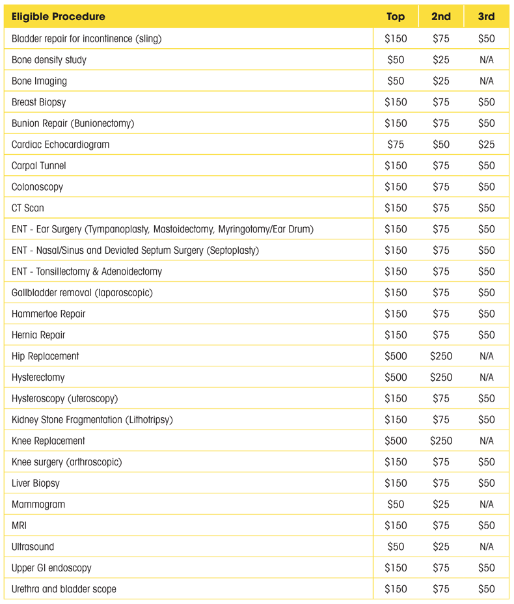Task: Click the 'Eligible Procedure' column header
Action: click(58, 17)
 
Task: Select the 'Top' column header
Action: click(395, 17)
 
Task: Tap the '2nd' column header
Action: click(440, 17)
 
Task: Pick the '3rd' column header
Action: click(486, 17)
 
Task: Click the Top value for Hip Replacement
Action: click(395, 356)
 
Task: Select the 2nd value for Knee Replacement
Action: click(440, 441)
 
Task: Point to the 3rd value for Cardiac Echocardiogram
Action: click(486, 144)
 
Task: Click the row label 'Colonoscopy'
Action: click(37, 187)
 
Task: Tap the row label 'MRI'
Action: click(20, 525)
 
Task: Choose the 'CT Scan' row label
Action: click(28, 208)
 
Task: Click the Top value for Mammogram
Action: click(395, 504)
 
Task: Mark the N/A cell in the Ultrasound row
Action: click(486, 547)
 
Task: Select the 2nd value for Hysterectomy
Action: click(440, 377)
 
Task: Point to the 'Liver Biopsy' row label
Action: click(35, 483)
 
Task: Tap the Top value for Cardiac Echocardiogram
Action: click(395, 144)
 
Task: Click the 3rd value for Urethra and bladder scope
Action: click(486, 589)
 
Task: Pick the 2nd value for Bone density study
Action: click(440, 60)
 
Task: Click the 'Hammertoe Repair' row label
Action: click(48, 314)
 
